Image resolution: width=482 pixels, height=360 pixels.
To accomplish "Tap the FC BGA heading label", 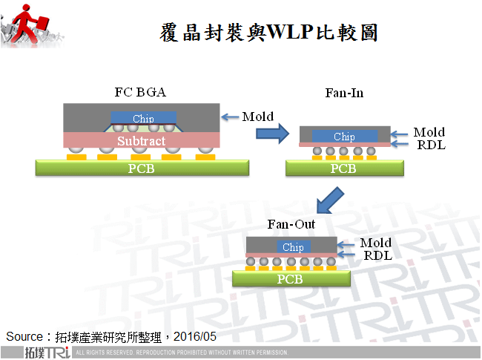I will point(140,93).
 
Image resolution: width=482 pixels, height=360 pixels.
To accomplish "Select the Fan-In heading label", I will point(344,93).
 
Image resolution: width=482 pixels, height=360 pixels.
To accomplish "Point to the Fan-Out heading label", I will point(291,224).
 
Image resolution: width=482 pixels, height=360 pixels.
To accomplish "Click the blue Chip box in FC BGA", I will point(143,119).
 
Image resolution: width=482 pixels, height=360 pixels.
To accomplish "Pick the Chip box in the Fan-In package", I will point(344,137).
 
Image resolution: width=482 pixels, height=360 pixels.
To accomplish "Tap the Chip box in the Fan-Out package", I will point(293,247).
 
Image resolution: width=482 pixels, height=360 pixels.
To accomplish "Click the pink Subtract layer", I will point(141,140).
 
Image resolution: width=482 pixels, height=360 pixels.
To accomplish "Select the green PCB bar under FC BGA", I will point(142,168).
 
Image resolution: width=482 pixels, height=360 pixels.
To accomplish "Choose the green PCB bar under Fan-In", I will point(343,168).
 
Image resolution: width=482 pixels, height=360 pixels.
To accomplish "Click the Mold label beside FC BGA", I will point(258,117).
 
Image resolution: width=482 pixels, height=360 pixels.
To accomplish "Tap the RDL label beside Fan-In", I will point(431,145).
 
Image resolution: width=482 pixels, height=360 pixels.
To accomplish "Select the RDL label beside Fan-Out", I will point(377,255).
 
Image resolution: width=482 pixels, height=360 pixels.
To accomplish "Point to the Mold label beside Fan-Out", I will point(376,243).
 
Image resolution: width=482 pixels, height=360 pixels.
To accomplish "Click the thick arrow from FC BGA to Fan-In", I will point(271,134).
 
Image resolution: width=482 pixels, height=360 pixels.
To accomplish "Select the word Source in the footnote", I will point(24,336).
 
